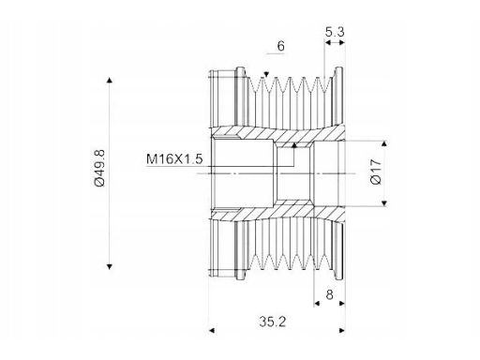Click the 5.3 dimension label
pyautogui.click(x=335, y=32)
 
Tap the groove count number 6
pyautogui.click(x=281, y=46)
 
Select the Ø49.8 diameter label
pyautogui.click(x=100, y=168)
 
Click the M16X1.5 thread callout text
pyautogui.click(x=174, y=159)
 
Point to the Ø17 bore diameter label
pyautogui.click(x=376, y=172)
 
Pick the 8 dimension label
pyautogui.click(x=329, y=294)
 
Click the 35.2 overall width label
pyautogui.click(x=272, y=322)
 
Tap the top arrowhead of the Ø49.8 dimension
pyautogui.click(x=110, y=80)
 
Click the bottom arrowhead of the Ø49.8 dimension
pyautogui.click(x=110, y=266)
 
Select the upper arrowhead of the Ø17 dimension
pyautogui.click(x=384, y=143)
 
